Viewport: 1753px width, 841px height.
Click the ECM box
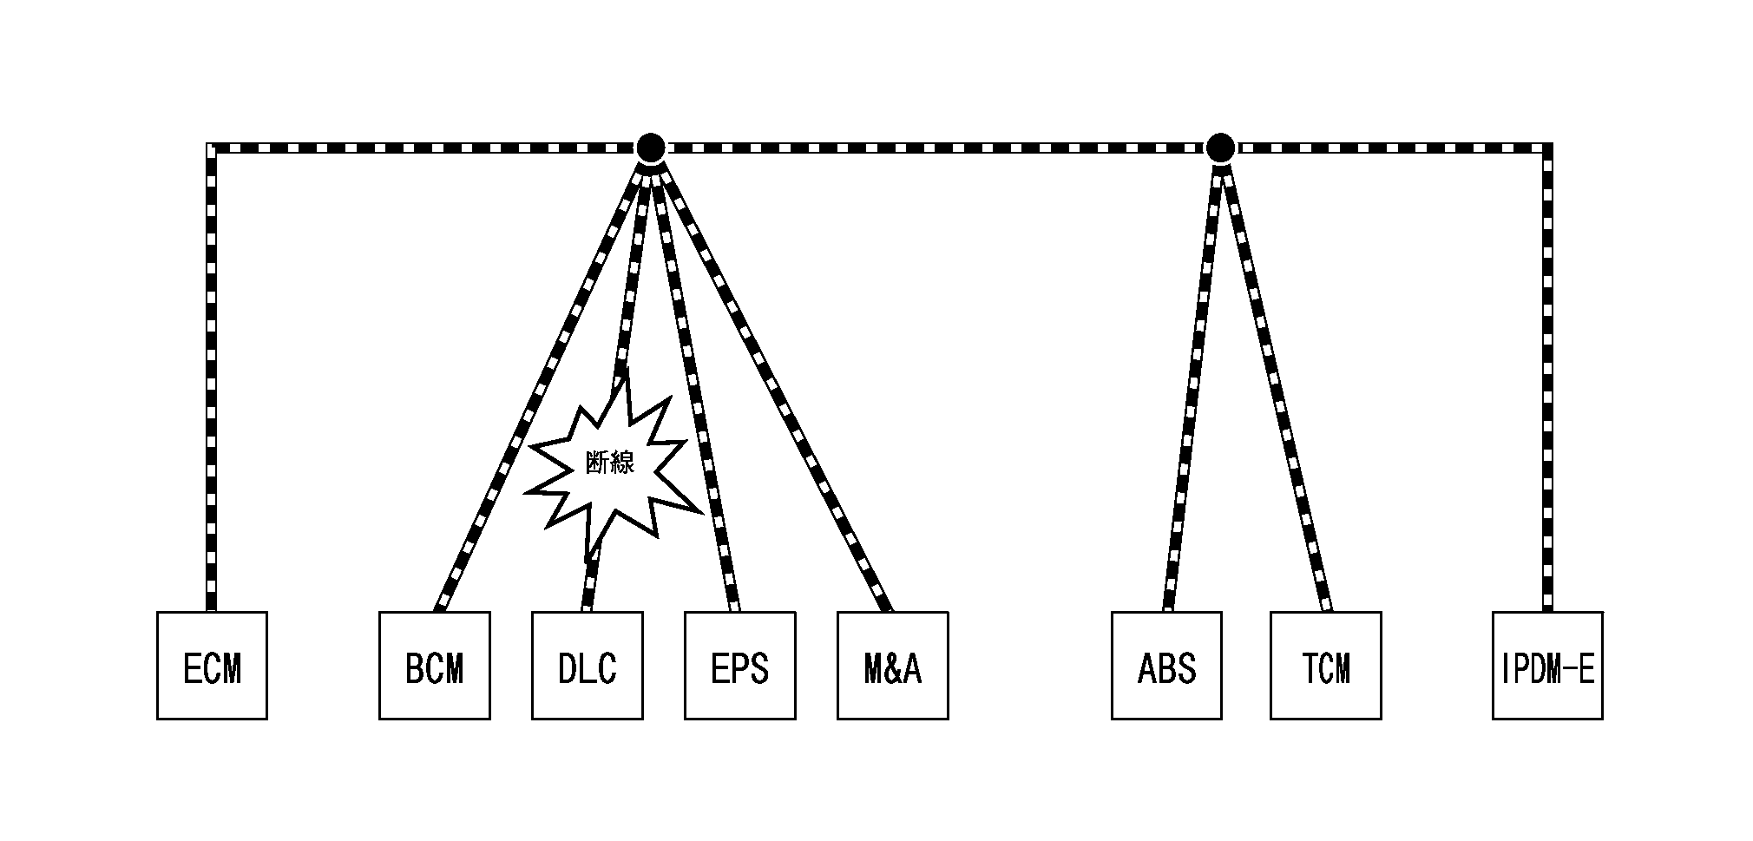click(212, 666)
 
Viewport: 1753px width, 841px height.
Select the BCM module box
click(434, 666)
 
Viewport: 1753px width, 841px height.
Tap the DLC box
click(587, 666)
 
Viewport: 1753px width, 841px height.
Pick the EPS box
click(739, 666)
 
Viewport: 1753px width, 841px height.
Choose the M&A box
click(892, 666)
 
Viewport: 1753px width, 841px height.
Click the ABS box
click(1166, 666)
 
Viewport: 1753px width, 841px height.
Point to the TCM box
click(1325, 666)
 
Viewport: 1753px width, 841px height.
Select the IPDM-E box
click(1547, 666)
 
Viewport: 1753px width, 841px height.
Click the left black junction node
click(650, 148)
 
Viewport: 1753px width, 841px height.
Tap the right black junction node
click(1220, 148)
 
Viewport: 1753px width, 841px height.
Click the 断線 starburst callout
click(613, 464)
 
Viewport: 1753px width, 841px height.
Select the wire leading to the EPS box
click(694, 382)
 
